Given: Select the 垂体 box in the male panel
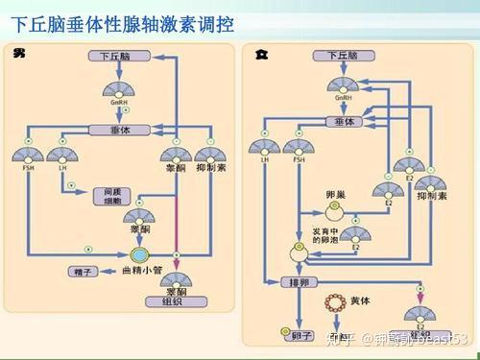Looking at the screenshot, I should (x=114, y=130).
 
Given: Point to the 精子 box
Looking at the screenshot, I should (x=82, y=273).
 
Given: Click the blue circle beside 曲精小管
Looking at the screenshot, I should (x=139, y=255).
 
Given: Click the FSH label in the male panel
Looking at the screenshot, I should (x=28, y=167).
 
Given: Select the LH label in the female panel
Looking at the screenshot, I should (x=261, y=160).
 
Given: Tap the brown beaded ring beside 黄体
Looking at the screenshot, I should (x=335, y=304).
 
